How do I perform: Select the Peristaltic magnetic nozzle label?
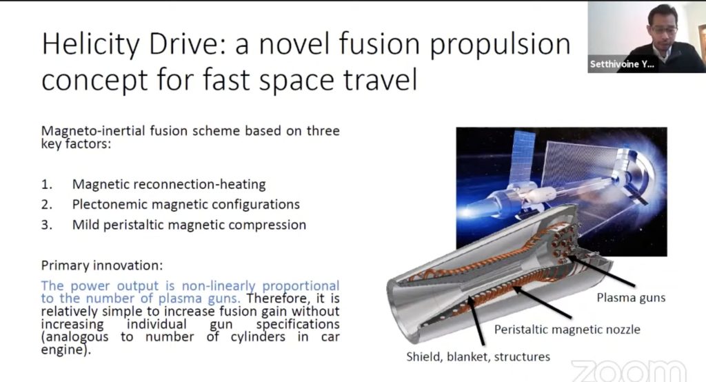tap(567, 329)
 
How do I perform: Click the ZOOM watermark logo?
tap(629, 370)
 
